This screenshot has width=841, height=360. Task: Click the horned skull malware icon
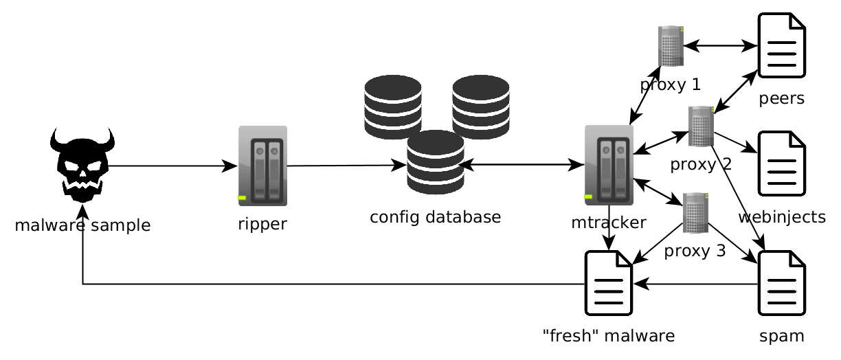point(82,165)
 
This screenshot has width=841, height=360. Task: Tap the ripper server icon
point(262,166)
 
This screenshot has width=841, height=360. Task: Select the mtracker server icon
point(609,165)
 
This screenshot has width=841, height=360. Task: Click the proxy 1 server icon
point(671,46)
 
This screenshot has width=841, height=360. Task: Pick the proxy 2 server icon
point(701,126)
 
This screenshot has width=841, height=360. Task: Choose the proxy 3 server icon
point(695,213)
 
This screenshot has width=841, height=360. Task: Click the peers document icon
point(781,45)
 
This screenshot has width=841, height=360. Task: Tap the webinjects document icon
point(781,164)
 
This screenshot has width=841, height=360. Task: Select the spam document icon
point(781,283)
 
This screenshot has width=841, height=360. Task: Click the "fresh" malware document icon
point(608,283)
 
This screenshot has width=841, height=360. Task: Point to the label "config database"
point(435,217)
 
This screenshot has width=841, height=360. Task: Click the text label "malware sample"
point(82,225)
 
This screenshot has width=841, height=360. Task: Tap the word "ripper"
point(262,224)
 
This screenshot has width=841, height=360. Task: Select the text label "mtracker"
point(608,223)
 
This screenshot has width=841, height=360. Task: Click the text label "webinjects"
point(781,218)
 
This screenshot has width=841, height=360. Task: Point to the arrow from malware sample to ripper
point(172,166)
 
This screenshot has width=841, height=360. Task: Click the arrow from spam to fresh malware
point(694,284)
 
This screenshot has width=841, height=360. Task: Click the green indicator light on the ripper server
point(242,198)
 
